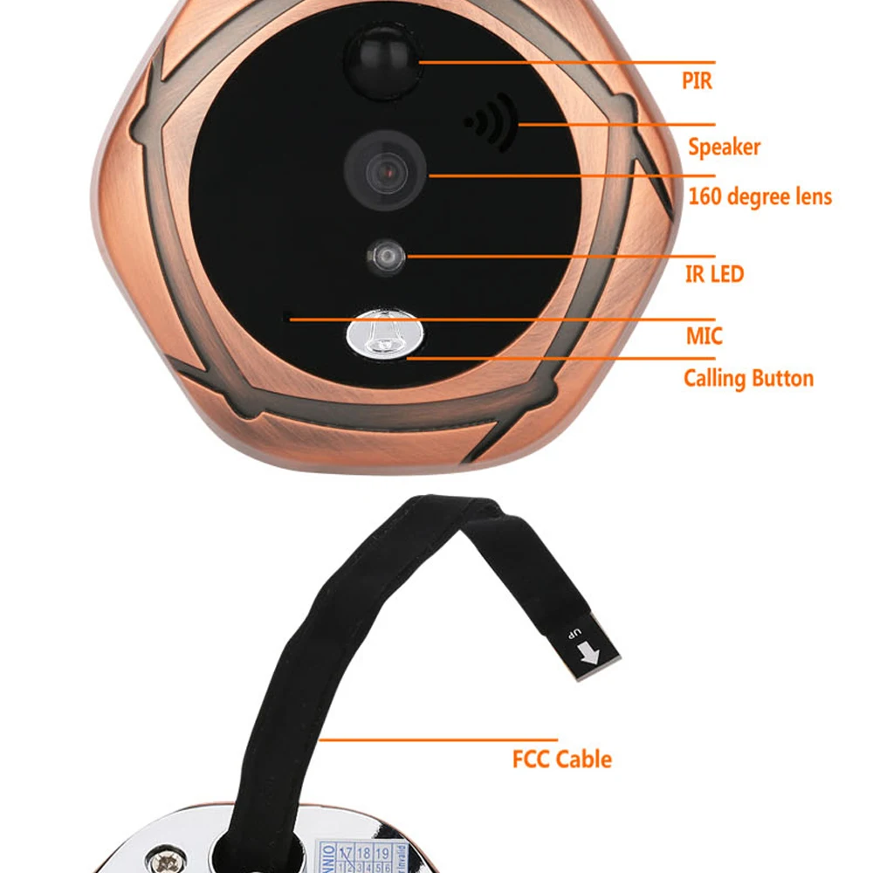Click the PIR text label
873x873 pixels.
click(697, 81)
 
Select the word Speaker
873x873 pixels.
click(724, 147)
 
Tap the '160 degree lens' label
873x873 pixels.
click(760, 196)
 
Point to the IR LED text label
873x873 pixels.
click(714, 274)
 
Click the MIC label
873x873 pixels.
click(704, 335)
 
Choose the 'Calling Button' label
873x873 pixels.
click(748, 379)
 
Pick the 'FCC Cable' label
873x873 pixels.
click(561, 759)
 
